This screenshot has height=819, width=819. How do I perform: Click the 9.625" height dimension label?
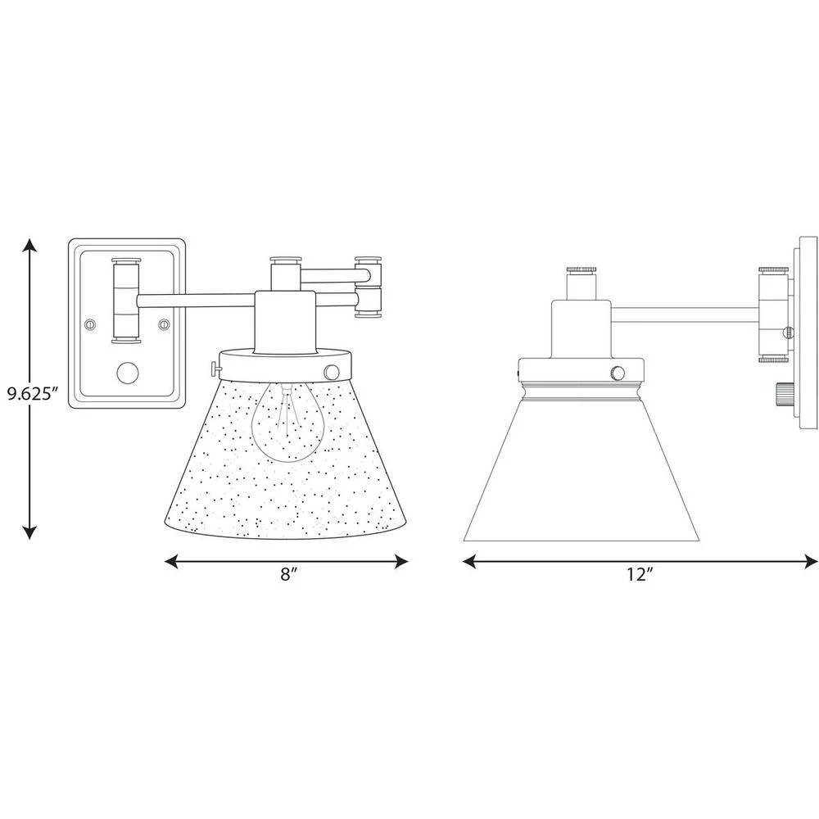[31, 393]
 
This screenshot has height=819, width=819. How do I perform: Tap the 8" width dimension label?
[288, 574]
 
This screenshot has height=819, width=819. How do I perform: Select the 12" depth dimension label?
[640, 575]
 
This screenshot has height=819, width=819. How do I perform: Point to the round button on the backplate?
[128, 374]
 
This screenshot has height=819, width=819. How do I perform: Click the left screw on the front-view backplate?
[91, 324]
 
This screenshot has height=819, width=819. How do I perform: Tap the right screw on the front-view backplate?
[165, 324]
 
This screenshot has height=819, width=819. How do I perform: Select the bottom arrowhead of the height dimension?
[29, 531]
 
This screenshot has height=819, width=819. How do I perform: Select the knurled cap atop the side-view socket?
[581, 269]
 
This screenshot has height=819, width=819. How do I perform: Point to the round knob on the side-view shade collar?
[618, 373]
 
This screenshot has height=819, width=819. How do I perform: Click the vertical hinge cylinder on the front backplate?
[126, 301]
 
